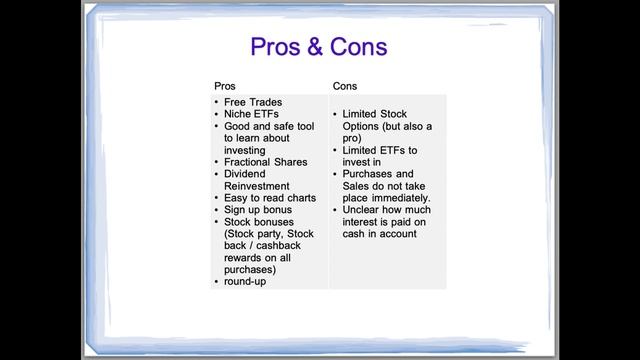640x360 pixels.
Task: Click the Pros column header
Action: click(x=226, y=86)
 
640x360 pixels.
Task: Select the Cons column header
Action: click(x=344, y=86)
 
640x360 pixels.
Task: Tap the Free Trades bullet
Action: click(x=253, y=102)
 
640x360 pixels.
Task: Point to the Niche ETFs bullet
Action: click(x=252, y=114)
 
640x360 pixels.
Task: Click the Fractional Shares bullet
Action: click(x=265, y=162)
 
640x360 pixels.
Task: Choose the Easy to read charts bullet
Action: click(x=269, y=198)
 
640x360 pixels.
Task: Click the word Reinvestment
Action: click(x=257, y=186)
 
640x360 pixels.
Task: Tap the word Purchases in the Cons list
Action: click(x=369, y=174)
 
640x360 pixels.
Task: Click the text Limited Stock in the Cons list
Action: click(x=376, y=114)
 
